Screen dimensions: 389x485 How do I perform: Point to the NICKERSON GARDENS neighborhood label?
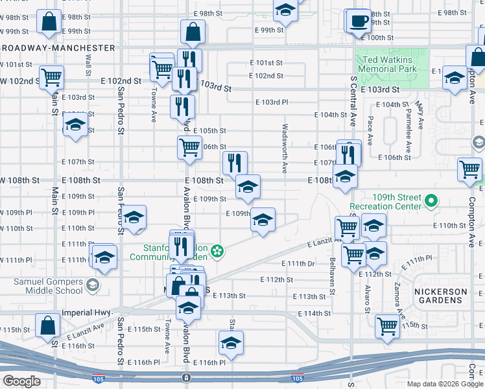[441, 296]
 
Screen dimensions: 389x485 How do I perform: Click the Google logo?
[21, 381]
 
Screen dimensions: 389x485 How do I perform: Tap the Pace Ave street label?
[370, 130]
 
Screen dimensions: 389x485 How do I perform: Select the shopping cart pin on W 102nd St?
[51, 78]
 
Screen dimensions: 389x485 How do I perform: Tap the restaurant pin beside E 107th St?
[235, 162]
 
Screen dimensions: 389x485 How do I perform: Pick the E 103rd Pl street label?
[272, 102]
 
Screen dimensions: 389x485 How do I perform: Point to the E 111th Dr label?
[298, 264]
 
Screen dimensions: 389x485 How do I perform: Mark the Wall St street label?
[88, 64]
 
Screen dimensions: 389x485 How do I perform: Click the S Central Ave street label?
[353, 100]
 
